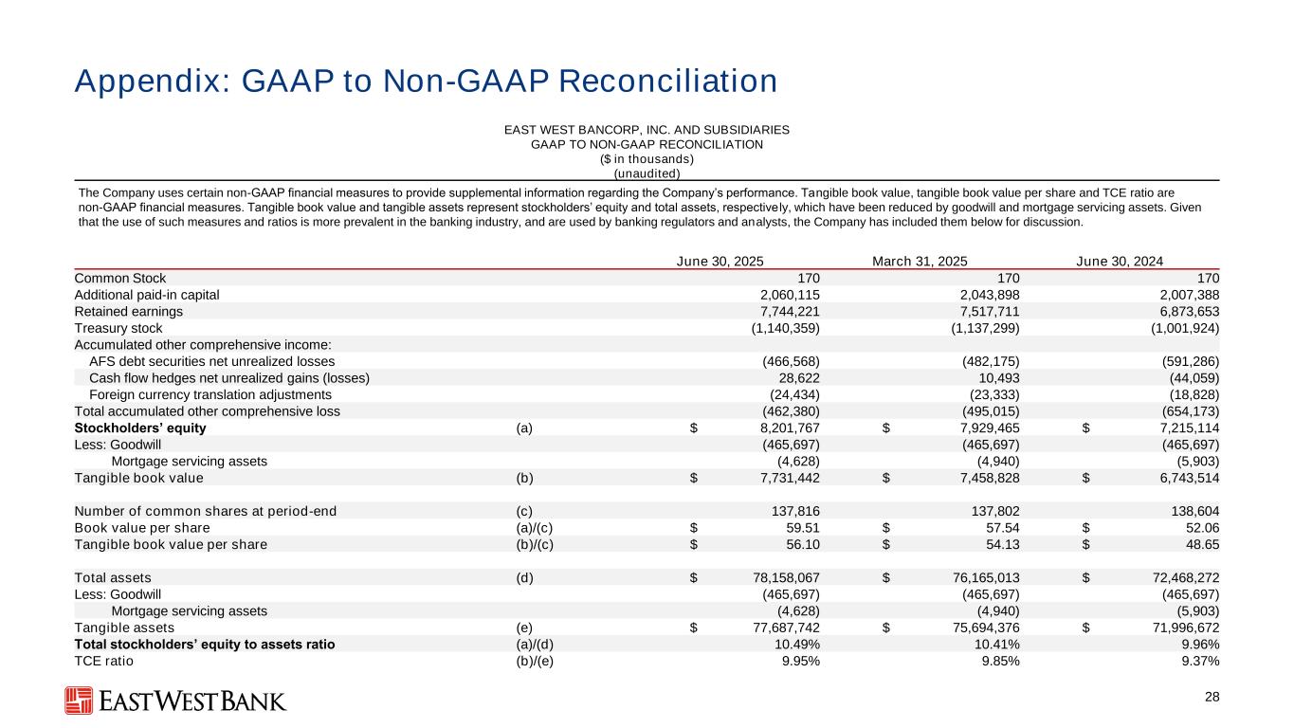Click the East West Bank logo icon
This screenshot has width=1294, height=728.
point(78,701)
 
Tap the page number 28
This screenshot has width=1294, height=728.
point(1212,698)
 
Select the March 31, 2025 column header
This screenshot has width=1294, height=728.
point(919,262)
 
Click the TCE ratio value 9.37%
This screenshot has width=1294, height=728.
point(1196,661)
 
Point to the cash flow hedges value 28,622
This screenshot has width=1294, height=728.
point(798,377)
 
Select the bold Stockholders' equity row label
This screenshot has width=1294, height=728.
point(140,428)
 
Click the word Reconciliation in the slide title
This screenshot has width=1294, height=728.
point(665,82)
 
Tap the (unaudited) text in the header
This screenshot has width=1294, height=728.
point(647,173)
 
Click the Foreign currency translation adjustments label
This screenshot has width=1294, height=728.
point(210,394)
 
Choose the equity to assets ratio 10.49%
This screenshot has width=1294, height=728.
point(797,644)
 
